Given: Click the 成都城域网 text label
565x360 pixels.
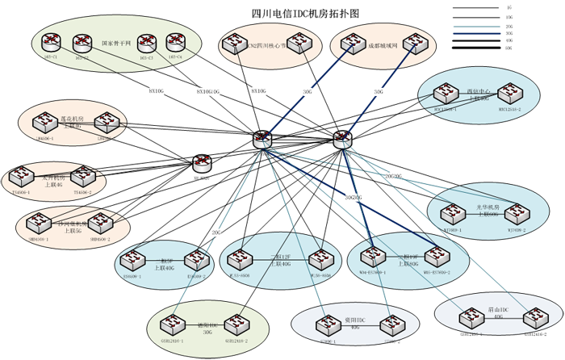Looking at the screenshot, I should click(361, 46).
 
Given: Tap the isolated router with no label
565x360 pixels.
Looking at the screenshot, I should click(202, 162).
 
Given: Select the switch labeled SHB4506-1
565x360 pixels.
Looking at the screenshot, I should click(35, 223).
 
